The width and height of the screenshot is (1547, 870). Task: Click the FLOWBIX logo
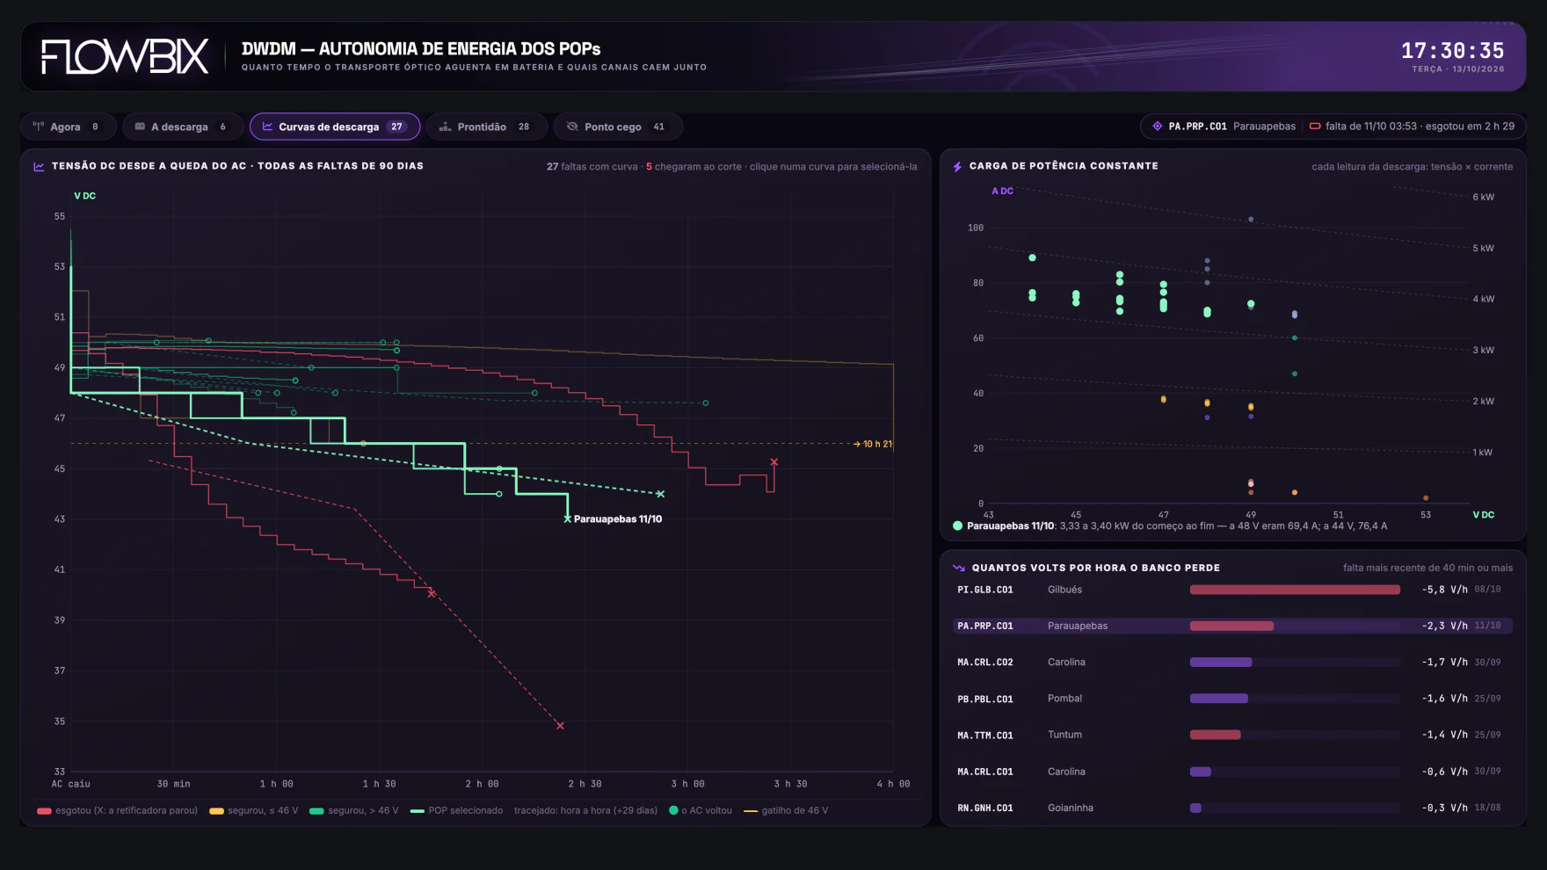[x=125, y=56]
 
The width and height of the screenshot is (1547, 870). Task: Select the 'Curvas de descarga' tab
[x=335, y=127]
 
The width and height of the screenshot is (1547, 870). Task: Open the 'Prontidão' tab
[x=486, y=127]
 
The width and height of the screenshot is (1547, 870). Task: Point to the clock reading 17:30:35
[x=1452, y=51]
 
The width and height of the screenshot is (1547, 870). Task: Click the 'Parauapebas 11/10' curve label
[x=618, y=519]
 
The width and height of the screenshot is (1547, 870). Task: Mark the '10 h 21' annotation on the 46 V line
[x=877, y=444]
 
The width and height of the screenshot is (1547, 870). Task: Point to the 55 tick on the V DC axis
[x=60, y=216]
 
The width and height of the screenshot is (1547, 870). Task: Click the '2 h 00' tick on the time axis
[x=482, y=784]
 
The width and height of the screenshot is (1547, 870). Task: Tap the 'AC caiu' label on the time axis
[x=71, y=784]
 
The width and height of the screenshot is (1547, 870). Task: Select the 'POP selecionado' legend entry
[x=465, y=810]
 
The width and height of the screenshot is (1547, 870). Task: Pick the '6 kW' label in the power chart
[x=1483, y=197]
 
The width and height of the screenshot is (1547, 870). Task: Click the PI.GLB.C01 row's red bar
[x=1295, y=590]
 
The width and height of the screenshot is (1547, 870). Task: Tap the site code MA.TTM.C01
[x=985, y=736]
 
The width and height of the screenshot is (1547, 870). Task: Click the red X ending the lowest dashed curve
[x=560, y=726]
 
